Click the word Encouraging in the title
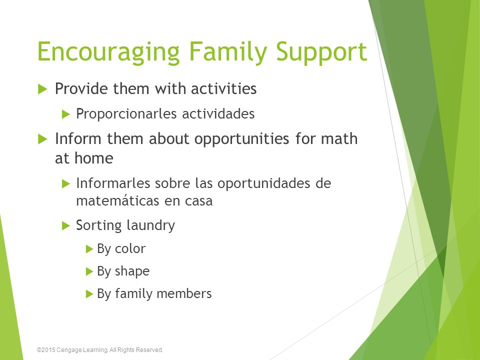pyautogui.click(x=108, y=52)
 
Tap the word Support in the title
pyautogui.click(x=321, y=52)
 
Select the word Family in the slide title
pyautogui.click(x=228, y=52)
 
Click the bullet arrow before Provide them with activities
pyautogui.click(x=42, y=89)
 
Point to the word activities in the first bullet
pyautogui.click(x=223, y=89)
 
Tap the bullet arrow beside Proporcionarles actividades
pyautogui.click(x=66, y=114)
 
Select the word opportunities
pyautogui.click(x=241, y=139)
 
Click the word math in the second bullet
pyautogui.click(x=339, y=138)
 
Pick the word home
pyautogui.click(x=93, y=158)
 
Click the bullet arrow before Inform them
pyautogui.click(x=42, y=139)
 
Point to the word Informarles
pyautogui.click(x=113, y=183)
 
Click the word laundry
pyautogui.click(x=150, y=225)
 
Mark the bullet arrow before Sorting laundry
pyautogui.click(x=66, y=225)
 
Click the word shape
pyautogui.click(x=132, y=271)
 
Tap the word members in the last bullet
pyautogui.click(x=185, y=293)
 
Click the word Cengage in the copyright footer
pyautogui.click(x=68, y=350)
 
